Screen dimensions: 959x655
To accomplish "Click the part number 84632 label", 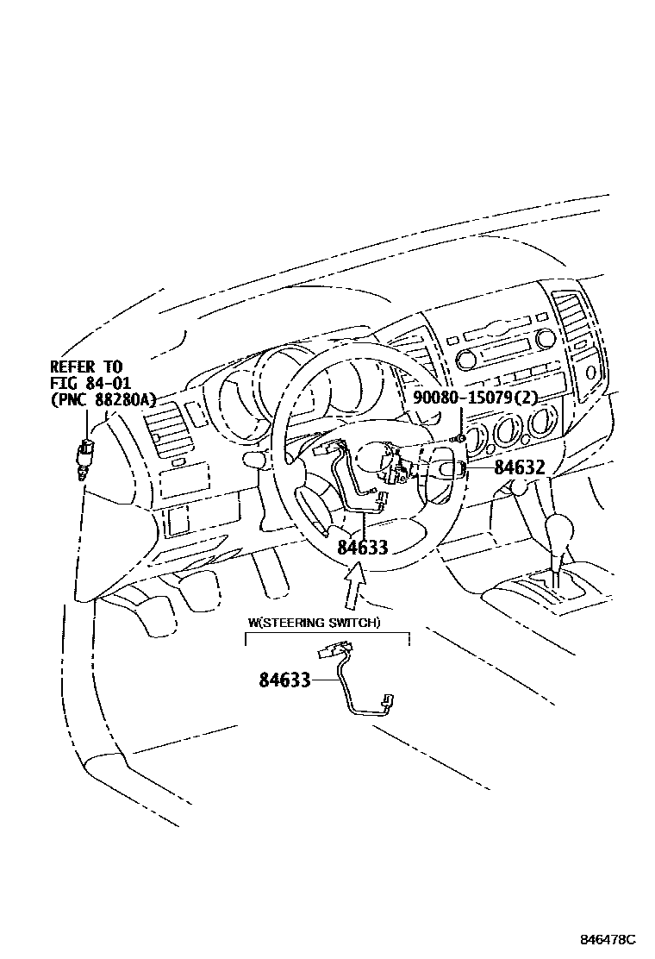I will click(520, 468).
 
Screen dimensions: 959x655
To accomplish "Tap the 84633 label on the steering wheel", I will click(362, 547).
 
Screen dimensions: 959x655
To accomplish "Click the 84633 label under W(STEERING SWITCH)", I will click(284, 680).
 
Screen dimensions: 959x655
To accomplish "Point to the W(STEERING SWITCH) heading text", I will click(314, 623).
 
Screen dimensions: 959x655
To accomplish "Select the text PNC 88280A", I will click(103, 398).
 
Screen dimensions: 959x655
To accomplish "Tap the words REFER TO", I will click(86, 367).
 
